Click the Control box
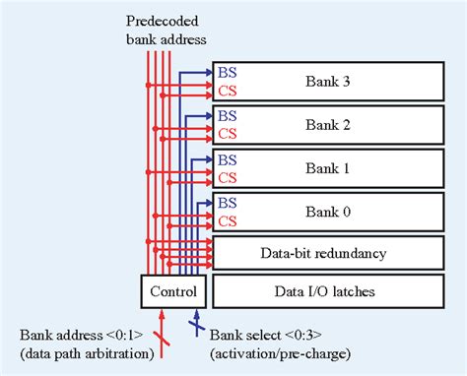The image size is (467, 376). (x=173, y=292)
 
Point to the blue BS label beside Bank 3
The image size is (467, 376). (x=227, y=72)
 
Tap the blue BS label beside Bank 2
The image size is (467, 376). (x=227, y=115)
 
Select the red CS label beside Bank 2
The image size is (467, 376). (x=227, y=134)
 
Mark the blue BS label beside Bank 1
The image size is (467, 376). (x=227, y=158)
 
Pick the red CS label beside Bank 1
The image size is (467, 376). (x=227, y=177)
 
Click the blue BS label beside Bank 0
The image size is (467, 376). (x=227, y=202)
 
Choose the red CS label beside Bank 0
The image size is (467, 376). (x=227, y=220)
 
